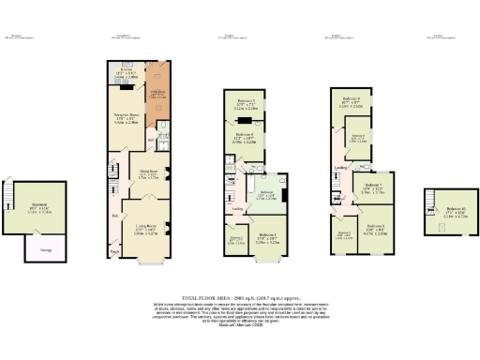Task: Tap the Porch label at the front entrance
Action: coord(115,250)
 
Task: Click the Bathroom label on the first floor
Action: coord(266,194)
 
